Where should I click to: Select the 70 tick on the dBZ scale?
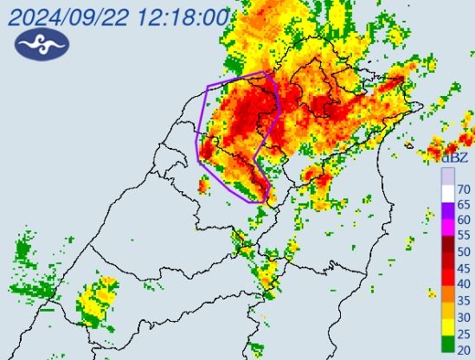464,189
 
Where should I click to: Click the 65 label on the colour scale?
464,204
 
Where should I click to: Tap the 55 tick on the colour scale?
464,235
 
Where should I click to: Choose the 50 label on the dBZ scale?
464,252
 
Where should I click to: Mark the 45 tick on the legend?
464,267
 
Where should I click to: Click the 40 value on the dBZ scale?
464,283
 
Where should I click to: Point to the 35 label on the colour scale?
464,299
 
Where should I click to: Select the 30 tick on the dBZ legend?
464,315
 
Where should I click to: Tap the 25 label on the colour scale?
464,331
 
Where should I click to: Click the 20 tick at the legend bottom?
464,347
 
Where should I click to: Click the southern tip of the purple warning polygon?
262,202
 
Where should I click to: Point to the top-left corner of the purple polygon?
208,84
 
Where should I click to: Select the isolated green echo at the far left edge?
22,253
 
